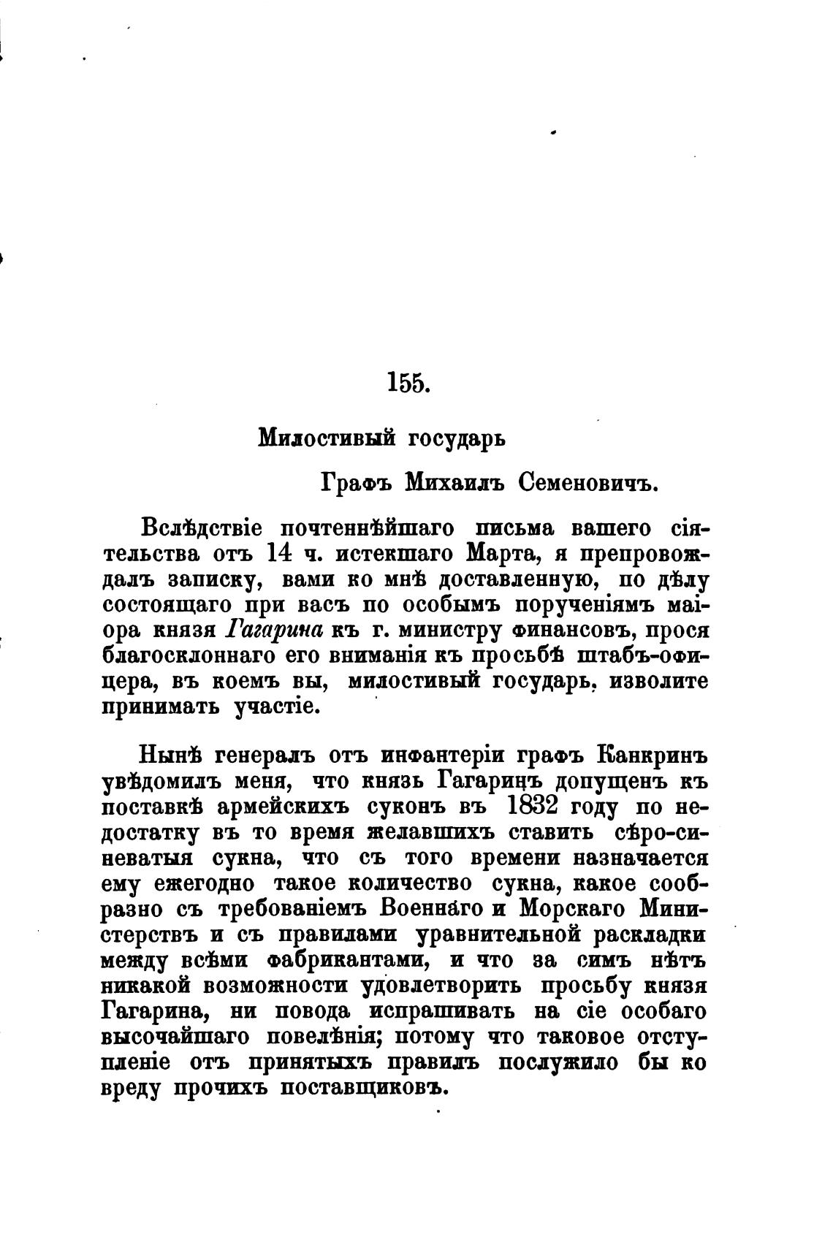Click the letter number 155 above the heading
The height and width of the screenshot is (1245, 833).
coord(408,382)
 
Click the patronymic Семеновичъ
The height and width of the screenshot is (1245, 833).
coord(591,482)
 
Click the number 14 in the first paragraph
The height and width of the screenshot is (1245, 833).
coord(281,553)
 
